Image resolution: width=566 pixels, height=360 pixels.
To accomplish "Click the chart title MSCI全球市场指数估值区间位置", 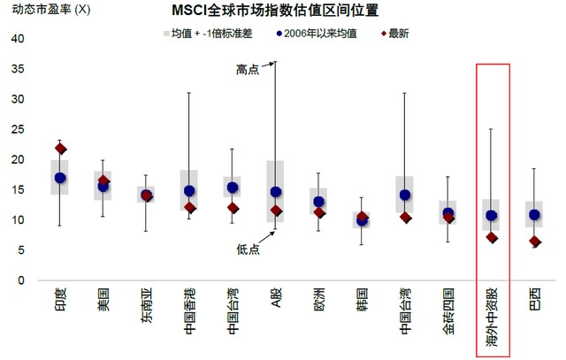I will coord(280,11).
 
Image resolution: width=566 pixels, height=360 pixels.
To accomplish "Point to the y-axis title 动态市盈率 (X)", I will coord(46,11).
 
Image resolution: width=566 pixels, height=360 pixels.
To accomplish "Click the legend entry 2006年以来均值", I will coord(317,33).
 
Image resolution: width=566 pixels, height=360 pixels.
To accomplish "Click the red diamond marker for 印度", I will coord(60,149).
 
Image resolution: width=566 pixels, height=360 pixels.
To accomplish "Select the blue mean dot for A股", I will coord(275,192).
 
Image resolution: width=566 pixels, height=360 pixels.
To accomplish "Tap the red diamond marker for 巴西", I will coord(534,241).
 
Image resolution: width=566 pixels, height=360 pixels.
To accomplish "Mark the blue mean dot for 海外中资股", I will coord(491,215).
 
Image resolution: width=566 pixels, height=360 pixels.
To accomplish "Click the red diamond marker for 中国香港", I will coord(189,208).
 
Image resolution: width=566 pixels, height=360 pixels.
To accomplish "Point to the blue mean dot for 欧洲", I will coord(318,202).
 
